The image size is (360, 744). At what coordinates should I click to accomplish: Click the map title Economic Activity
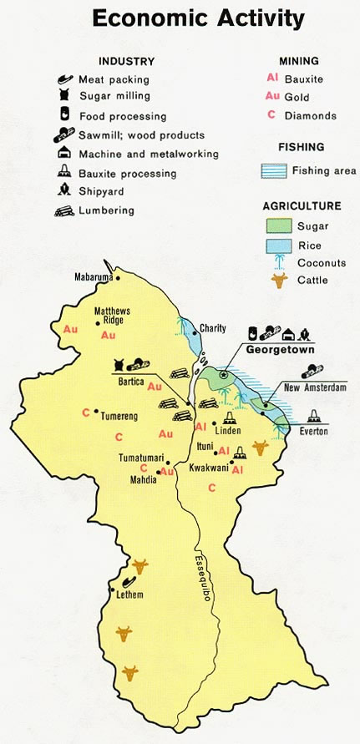click(198, 18)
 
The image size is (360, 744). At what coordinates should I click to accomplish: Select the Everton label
click(314, 432)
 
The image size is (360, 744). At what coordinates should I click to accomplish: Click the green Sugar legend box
click(277, 226)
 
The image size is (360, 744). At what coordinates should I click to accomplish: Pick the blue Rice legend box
click(277, 245)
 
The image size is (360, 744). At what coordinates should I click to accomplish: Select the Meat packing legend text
click(114, 79)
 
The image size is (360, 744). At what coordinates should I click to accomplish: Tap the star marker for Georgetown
click(223, 376)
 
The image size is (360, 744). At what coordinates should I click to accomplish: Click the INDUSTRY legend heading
click(126, 61)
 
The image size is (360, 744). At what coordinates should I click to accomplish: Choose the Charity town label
click(213, 328)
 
